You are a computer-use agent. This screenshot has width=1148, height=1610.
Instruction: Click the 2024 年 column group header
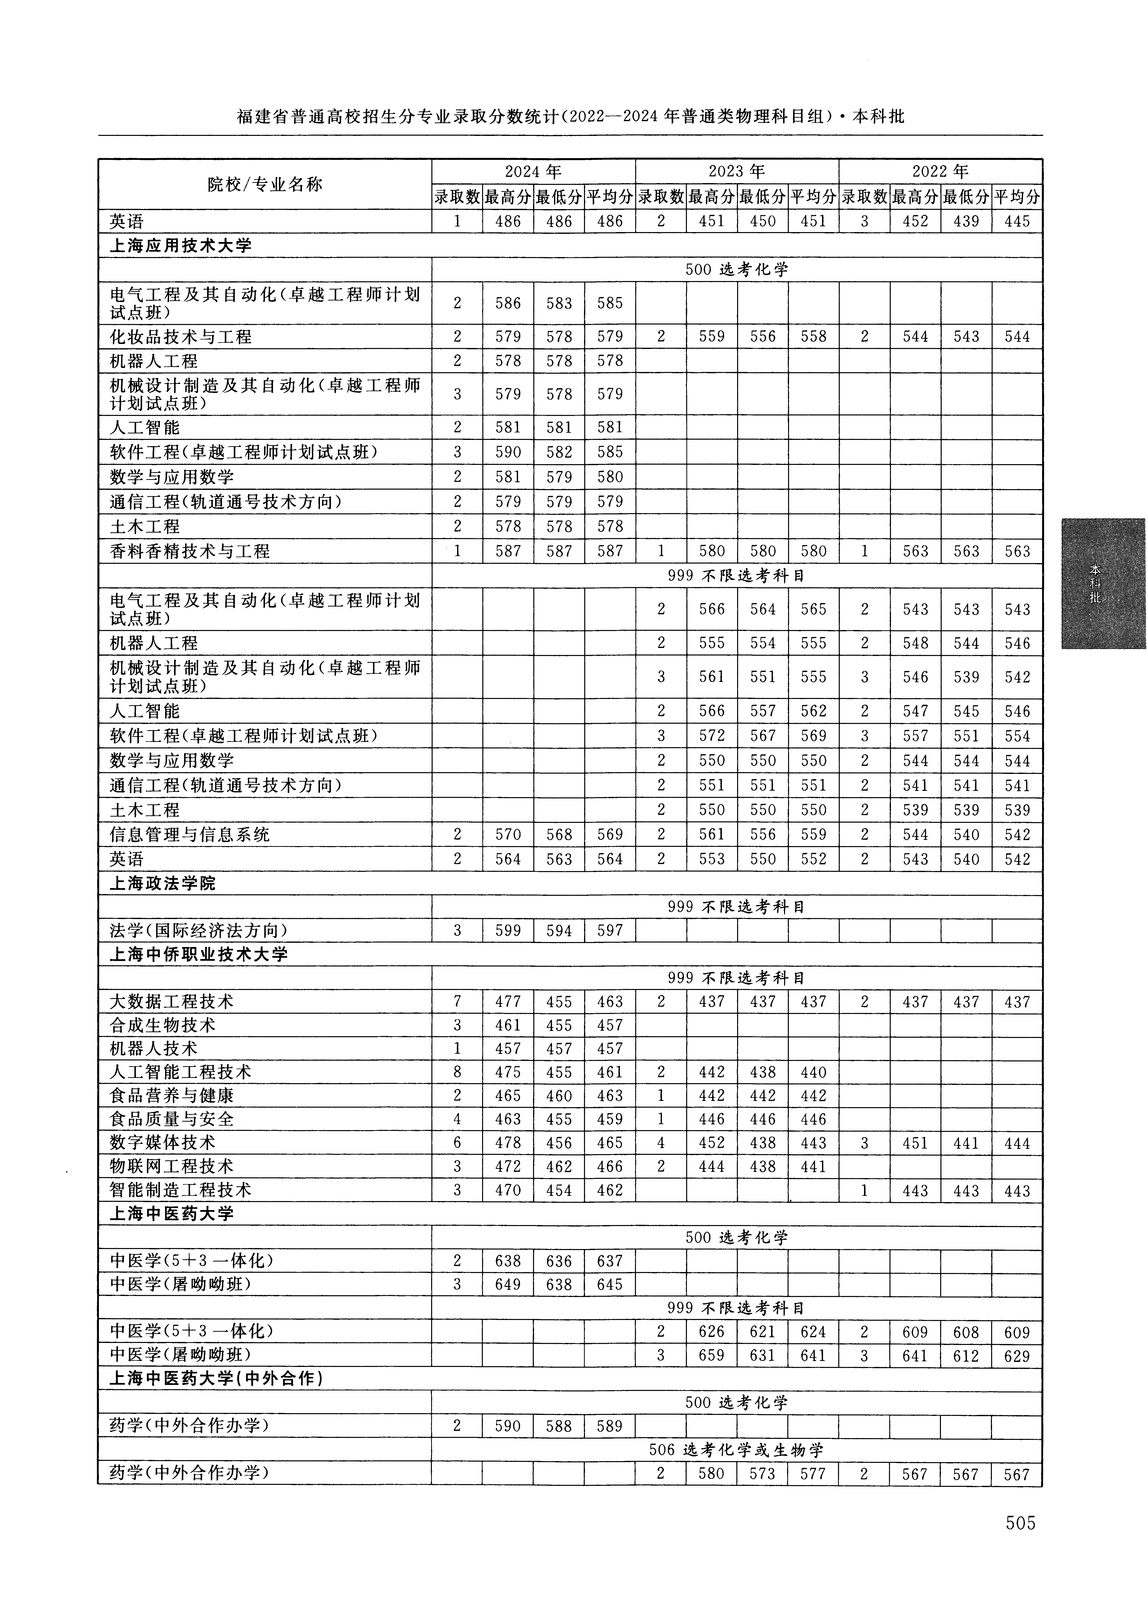tap(533, 171)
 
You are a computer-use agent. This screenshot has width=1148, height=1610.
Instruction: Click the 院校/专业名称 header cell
tap(265, 184)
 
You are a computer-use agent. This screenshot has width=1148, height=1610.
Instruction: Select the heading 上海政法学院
tap(163, 884)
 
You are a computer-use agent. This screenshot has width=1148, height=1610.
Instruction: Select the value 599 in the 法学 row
tap(508, 931)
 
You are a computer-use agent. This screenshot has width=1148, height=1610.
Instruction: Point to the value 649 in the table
tap(508, 1284)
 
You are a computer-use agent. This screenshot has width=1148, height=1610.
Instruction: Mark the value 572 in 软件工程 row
tap(712, 736)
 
